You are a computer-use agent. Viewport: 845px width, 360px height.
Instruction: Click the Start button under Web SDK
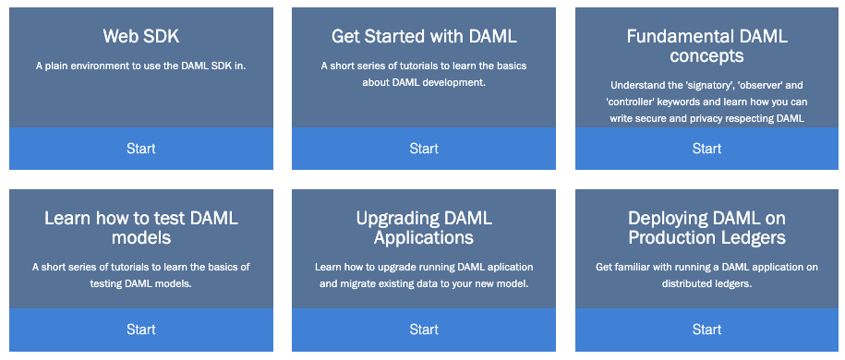click(x=141, y=149)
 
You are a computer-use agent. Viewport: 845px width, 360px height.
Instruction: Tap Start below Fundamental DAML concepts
click(x=706, y=149)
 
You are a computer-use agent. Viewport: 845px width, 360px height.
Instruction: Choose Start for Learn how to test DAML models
click(x=141, y=330)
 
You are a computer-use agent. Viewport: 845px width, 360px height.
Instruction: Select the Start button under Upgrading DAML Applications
click(x=424, y=330)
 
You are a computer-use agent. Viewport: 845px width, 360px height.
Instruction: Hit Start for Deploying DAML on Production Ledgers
click(x=706, y=330)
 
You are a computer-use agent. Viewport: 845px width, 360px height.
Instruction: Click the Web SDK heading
click(x=141, y=37)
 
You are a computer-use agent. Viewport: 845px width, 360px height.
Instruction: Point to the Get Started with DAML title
click(x=424, y=37)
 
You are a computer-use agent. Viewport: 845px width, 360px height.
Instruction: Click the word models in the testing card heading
click(x=141, y=237)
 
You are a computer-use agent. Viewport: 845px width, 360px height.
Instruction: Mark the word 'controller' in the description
click(x=629, y=102)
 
